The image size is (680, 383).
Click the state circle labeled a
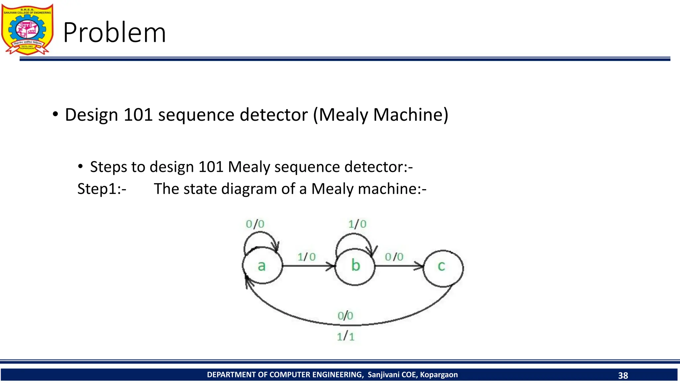tap(262, 266)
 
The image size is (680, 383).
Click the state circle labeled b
tap(355, 266)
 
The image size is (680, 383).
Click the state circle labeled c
tap(443, 268)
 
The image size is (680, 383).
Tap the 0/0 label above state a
tap(255, 224)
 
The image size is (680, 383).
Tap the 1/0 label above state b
tap(357, 224)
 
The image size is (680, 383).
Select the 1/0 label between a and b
tap(306, 257)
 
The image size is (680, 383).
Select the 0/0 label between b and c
tap(394, 257)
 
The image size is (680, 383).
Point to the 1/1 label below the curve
tap(346, 336)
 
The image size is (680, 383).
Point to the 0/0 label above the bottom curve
tap(345, 316)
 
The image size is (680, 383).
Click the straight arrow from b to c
tap(398, 266)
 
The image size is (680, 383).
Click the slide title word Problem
tap(115, 33)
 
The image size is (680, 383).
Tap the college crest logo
tap(27, 29)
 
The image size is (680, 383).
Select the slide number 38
tap(623, 375)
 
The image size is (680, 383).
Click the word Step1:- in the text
tap(102, 189)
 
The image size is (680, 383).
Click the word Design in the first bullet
tap(91, 115)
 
